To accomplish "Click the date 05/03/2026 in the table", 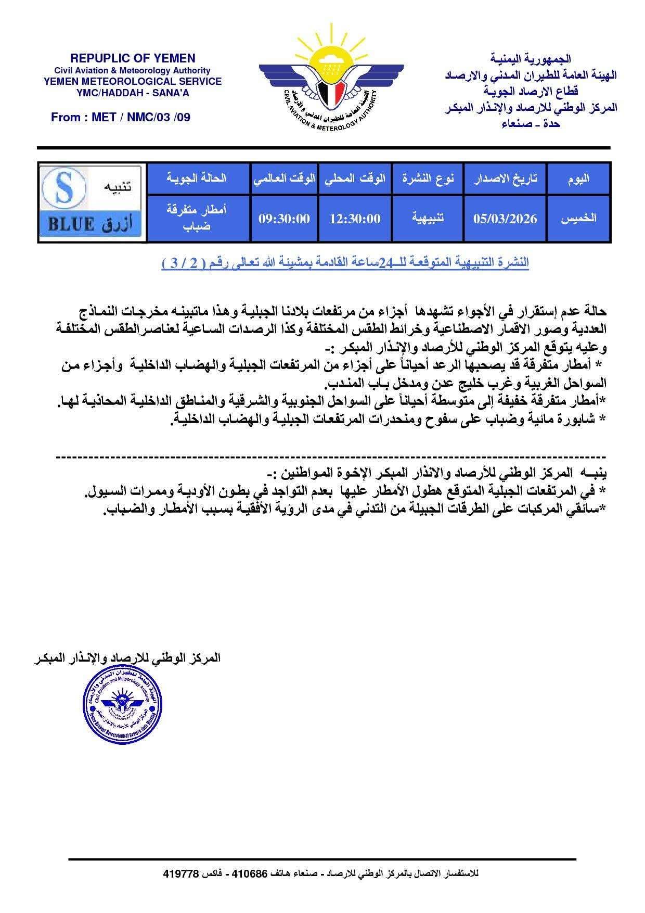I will pyautogui.click(x=505, y=219).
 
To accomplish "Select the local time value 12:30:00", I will pyautogui.click(x=355, y=219).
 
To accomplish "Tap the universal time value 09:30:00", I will pyautogui.click(x=284, y=219).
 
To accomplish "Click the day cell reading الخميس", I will pyautogui.click(x=578, y=219).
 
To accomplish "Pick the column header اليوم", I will pyautogui.click(x=578, y=179).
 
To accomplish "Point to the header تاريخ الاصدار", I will pyautogui.click(x=505, y=179).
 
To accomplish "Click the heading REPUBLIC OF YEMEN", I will pyautogui.click(x=133, y=58).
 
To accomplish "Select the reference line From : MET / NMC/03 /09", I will pyautogui.click(x=121, y=117).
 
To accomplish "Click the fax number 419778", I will pyautogui.click(x=181, y=873).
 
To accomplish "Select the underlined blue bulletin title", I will pyautogui.click(x=345, y=263).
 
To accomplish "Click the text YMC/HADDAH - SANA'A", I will pyautogui.click(x=133, y=92).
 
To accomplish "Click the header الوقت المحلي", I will pyautogui.click(x=355, y=179).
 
